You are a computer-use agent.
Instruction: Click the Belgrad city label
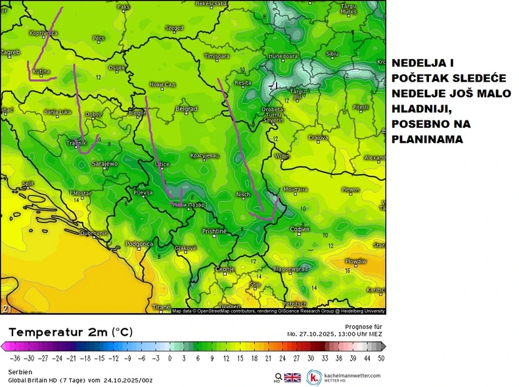pyautogui.click(x=187, y=109)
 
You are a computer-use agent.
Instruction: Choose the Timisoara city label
pyautogui.click(x=216, y=57)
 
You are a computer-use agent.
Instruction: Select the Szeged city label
pyautogui.click(x=174, y=28)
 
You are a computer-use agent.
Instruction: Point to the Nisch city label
pyautogui.click(x=243, y=195)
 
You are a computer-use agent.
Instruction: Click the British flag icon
pyautogui.click(x=292, y=378)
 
